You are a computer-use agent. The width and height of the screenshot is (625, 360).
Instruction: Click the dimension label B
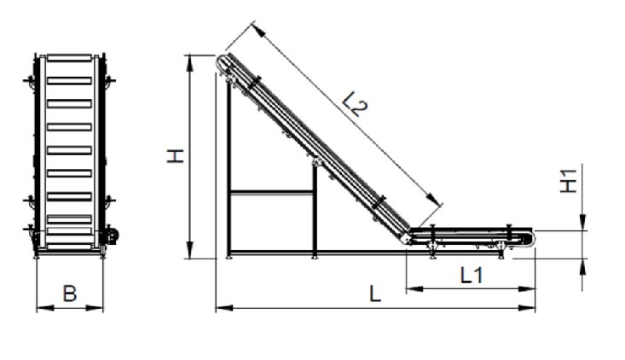(70, 293)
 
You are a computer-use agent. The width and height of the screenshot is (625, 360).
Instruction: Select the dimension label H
(175, 156)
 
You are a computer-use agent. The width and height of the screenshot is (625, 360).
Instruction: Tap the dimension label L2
(355, 104)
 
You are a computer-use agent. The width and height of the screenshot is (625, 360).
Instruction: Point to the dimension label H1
(568, 181)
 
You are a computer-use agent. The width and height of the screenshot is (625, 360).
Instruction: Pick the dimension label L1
(472, 275)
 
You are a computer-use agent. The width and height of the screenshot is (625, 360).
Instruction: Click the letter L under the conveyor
(375, 293)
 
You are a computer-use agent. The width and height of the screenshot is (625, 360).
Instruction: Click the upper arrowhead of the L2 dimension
(258, 30)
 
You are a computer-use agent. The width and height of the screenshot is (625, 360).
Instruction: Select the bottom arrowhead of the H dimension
(190, 250)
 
